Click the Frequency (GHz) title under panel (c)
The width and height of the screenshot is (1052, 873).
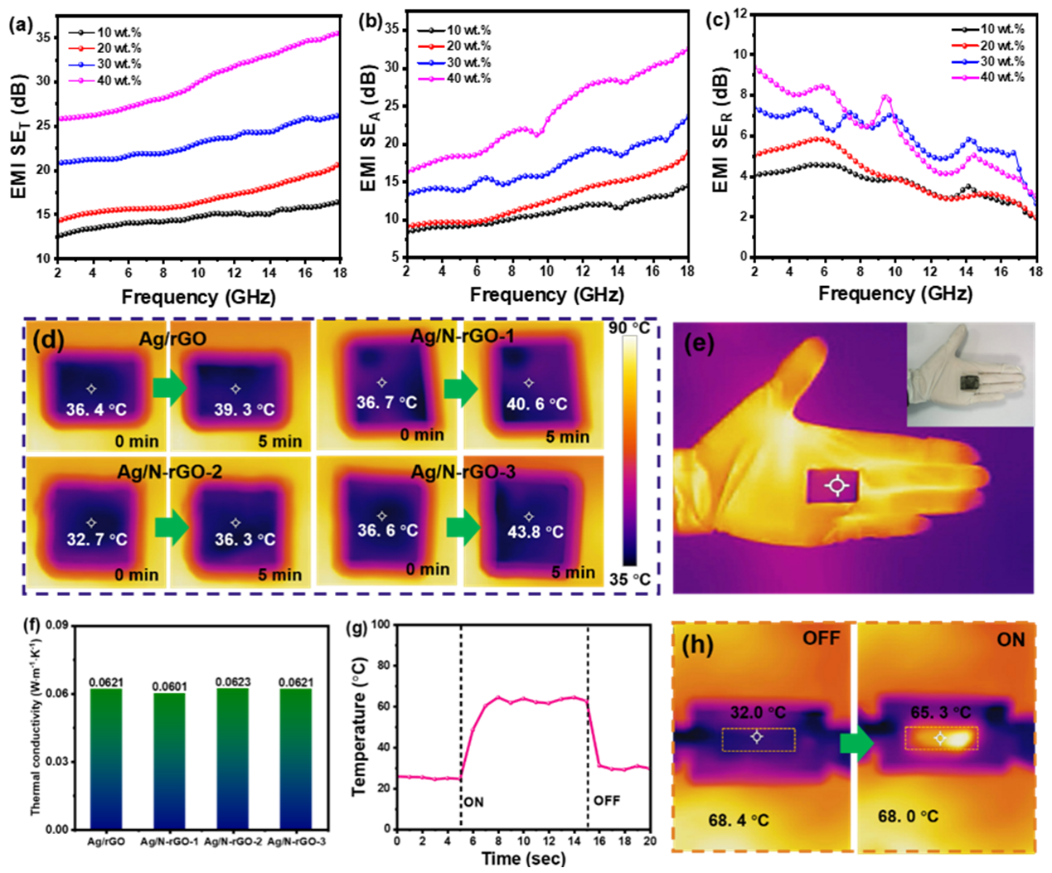[895, 293]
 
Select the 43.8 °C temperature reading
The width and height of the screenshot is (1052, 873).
[535, 531]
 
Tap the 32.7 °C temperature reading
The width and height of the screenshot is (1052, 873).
[97, 540]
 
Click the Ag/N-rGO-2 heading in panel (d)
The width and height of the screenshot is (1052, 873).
[169, 473]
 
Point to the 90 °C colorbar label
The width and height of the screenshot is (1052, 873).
[629, 328]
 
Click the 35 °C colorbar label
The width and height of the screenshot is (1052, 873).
[629, 580]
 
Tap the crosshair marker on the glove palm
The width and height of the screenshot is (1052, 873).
[837, 486]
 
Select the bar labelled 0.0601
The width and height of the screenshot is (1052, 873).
[169, 760]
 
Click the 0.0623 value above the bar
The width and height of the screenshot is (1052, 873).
[233, 682]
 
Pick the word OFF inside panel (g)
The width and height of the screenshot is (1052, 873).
[606, 801]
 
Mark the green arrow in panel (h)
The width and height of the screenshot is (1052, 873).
[856, 744]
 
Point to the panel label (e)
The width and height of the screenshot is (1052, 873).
[699, 343]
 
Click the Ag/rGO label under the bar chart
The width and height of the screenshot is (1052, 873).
[106, 841]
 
